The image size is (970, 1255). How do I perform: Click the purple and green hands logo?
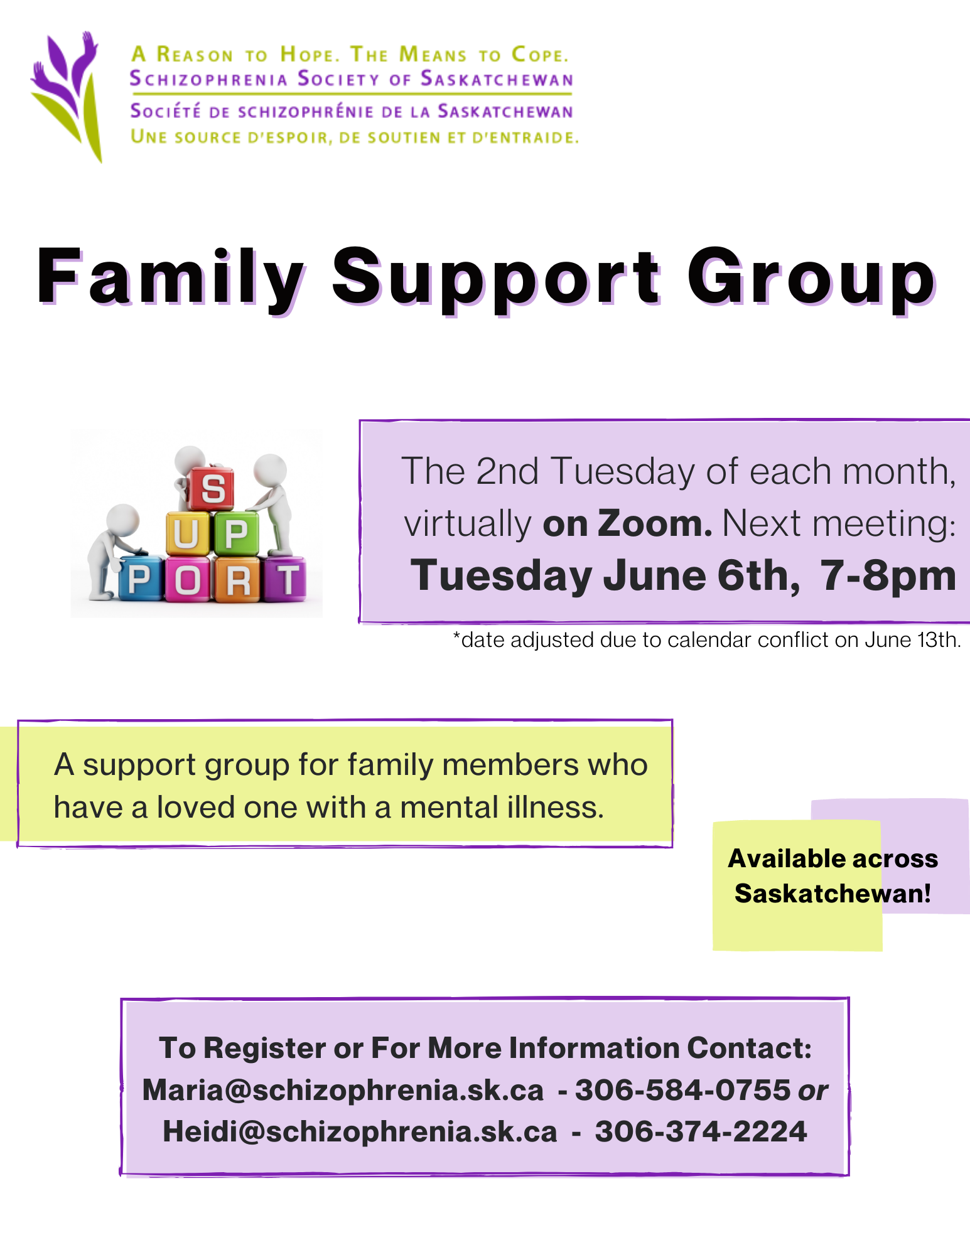point(67,95)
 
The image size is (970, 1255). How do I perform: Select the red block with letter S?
point(212,488)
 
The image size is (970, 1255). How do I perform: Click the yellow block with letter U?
point(187,533)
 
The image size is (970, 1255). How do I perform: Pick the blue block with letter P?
point(139,579)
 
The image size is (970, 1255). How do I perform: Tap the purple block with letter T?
point(286,579)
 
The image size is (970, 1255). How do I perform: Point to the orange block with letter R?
point(237,580)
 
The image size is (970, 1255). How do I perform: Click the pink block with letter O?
point(188,580)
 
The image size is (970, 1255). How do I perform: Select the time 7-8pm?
point(888,575)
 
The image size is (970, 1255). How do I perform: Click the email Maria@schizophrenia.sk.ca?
point(343,1090)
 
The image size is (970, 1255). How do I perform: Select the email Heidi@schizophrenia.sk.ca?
point(360,1131)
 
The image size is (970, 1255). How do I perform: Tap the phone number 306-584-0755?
point(682,1090)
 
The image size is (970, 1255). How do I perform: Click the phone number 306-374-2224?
point(701,1131)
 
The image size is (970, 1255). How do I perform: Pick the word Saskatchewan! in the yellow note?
point(833,893)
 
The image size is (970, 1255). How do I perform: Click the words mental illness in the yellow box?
point(502,807)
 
